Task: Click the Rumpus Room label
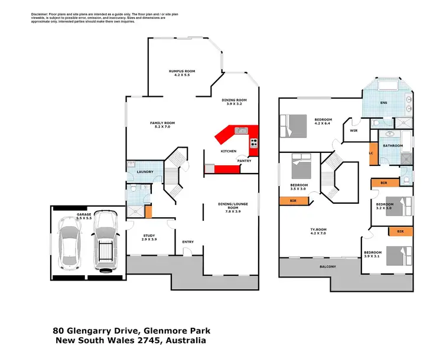click(x=182, y=73)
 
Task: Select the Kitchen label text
click(x=229, y=151)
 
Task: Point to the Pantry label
click(x=245, y=160)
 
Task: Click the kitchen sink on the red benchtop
click(x=240, y=130)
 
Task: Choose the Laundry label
click(x=145, y=172)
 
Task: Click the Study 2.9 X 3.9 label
click(x=149, y=238)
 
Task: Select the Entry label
click(x=188, y=242)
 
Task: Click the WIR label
click(x=354, y=131)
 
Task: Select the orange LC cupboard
click(x=372, y=153)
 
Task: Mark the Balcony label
click(x=328, y=267)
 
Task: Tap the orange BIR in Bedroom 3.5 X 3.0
click(x=293, y=201)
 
